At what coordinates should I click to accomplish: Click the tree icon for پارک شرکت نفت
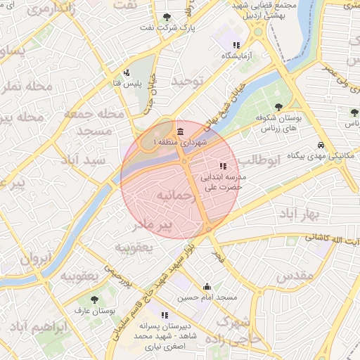coord(166,17)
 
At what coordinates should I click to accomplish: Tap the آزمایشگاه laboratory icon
coord(226,45)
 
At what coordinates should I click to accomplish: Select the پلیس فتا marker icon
coord(126,72)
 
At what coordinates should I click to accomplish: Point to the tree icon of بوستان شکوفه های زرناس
coord(280,108)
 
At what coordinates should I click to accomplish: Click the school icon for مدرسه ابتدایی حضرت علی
coord(223,167)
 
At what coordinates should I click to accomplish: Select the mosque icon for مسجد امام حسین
coord(207,287)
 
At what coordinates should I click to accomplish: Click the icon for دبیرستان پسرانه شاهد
coord(165,315)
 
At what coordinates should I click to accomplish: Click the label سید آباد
coord(82,160)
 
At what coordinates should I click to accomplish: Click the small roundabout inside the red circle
coord(185,162)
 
